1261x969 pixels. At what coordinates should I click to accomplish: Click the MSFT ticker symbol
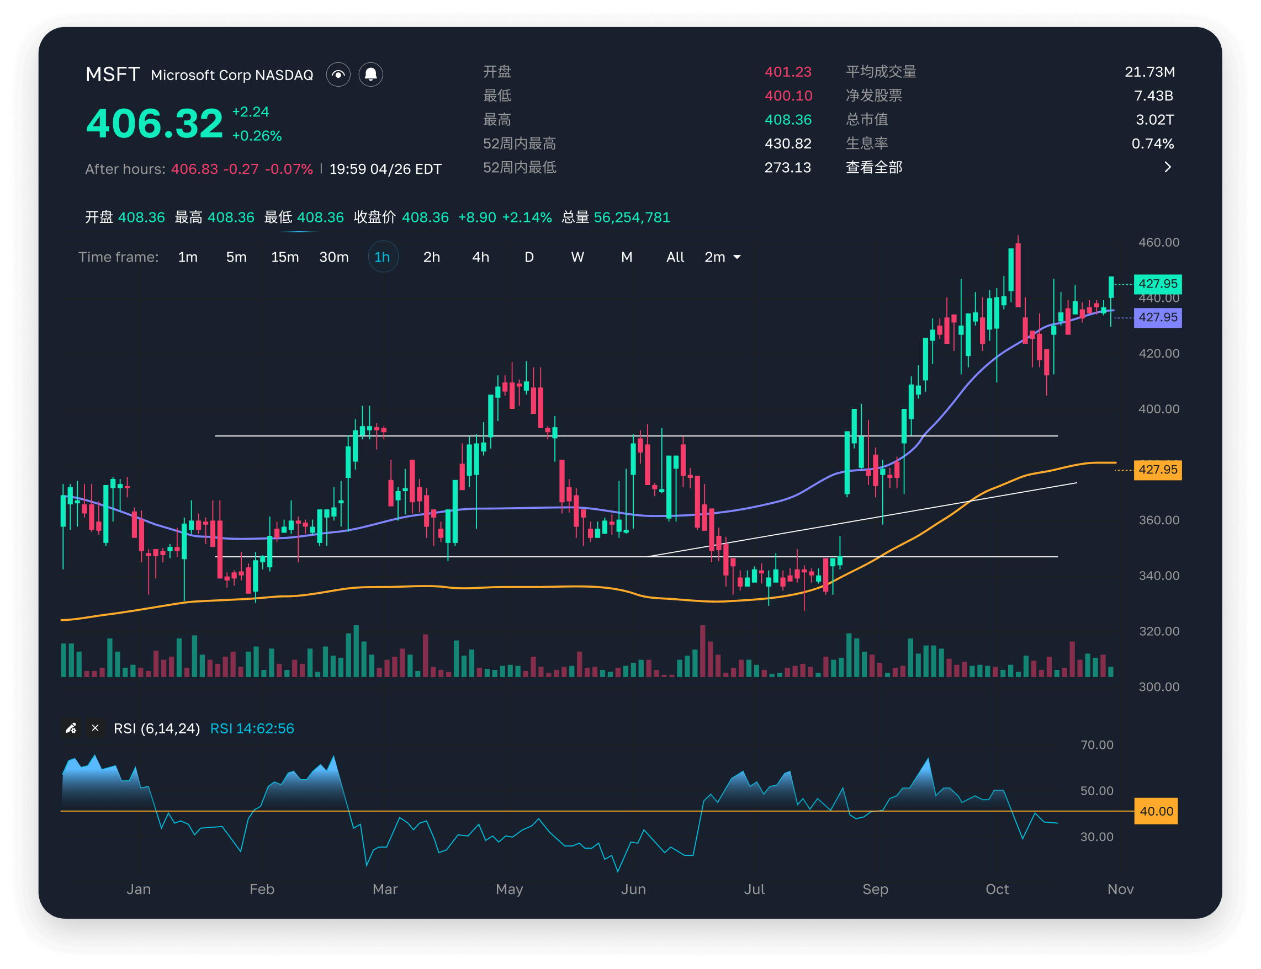113,74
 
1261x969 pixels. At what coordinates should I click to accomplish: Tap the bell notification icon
371,74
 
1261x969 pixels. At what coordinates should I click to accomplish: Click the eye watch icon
338,74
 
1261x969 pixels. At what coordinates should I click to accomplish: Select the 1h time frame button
383,257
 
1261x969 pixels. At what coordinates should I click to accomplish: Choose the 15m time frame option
285,257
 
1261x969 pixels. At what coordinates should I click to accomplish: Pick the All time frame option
675,257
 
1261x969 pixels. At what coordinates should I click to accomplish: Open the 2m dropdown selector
723,257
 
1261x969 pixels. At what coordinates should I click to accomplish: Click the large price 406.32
155,124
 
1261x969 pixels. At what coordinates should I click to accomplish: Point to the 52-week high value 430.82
788,143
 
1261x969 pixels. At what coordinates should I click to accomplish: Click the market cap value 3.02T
1155,119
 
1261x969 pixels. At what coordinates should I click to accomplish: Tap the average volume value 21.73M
1149,72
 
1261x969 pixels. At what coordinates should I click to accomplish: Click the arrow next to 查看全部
1168,167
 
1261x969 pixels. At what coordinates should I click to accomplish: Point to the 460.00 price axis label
1159,242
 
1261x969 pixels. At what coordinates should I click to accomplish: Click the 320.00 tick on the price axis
1159,631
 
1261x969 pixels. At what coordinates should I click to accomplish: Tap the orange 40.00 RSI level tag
1156,811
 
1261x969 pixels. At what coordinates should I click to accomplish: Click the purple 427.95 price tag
1158,317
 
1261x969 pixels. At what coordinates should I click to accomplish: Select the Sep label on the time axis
876,889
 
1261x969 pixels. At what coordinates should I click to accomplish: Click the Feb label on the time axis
262,889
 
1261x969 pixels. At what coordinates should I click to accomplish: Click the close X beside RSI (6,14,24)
95,728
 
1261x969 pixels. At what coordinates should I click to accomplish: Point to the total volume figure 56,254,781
632,217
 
